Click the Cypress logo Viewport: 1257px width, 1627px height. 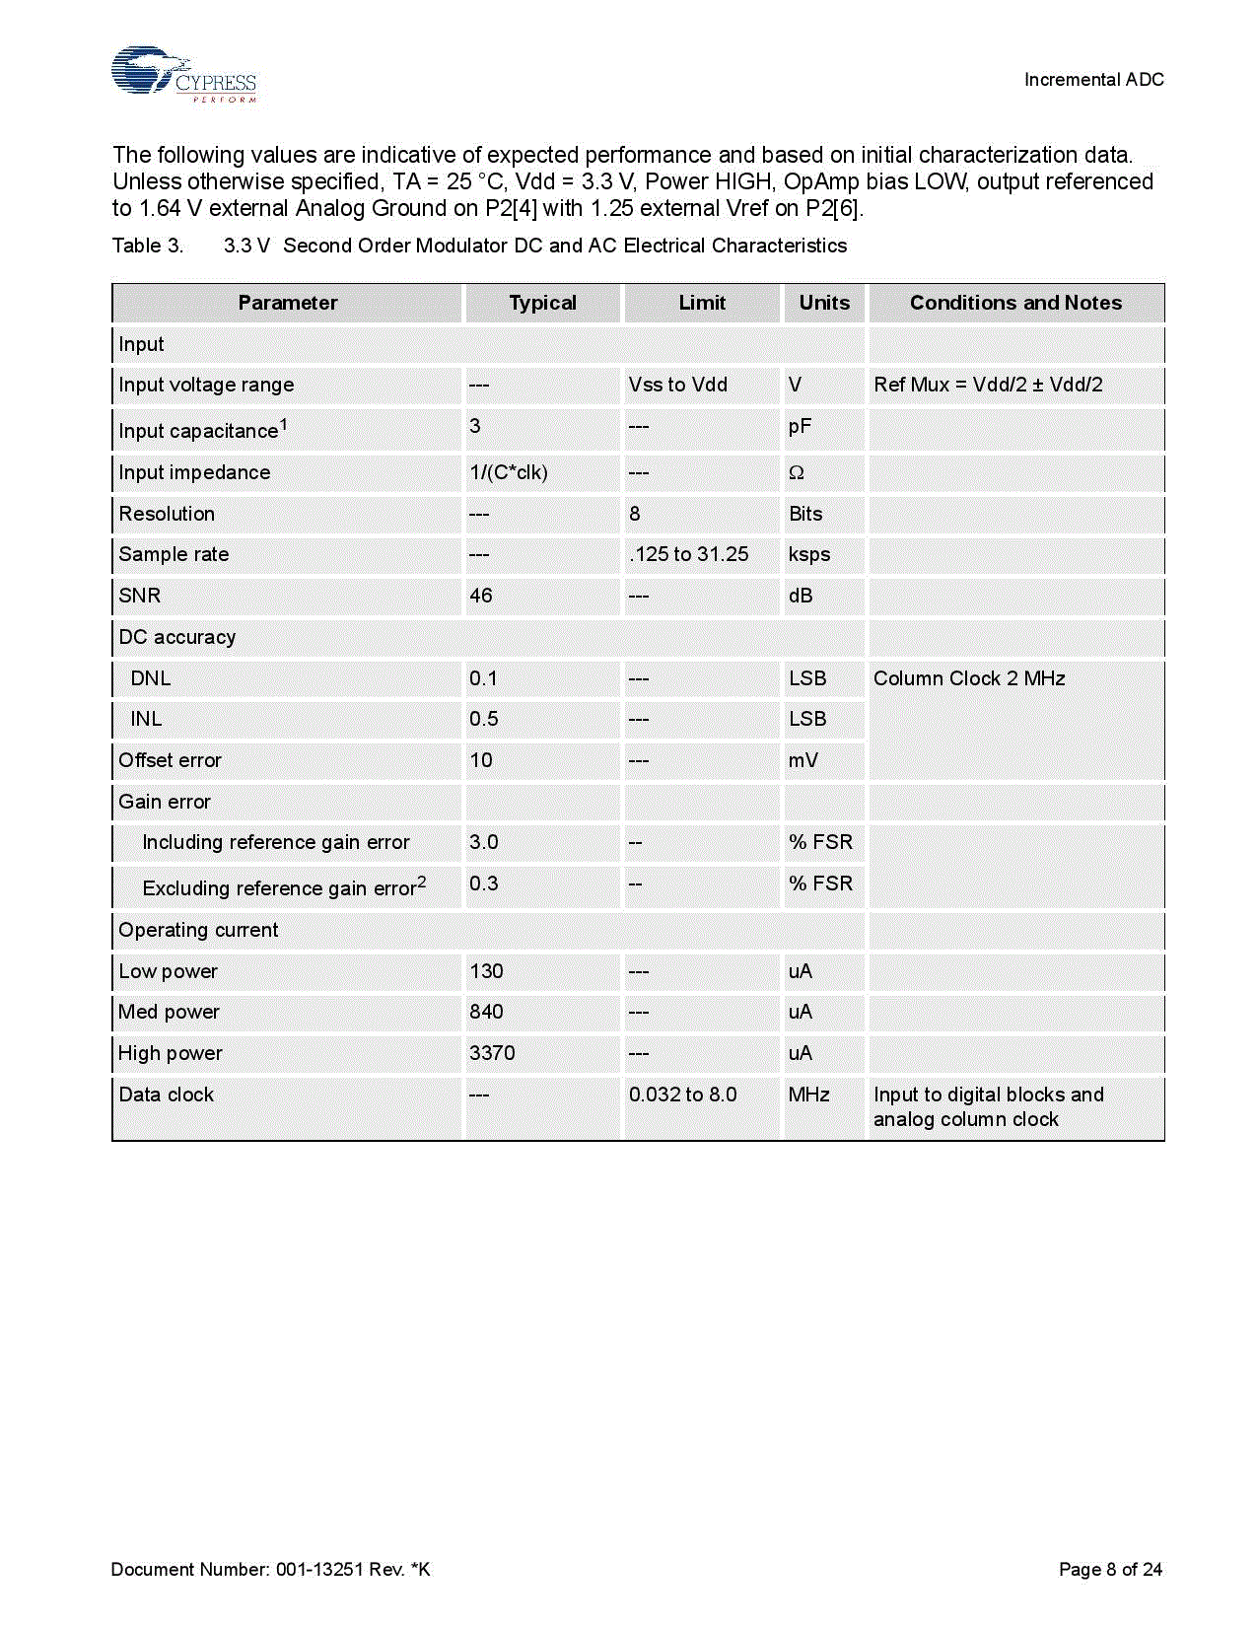click(183, 74)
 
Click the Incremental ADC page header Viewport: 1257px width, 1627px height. click(1093, 80)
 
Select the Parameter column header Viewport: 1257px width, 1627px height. click(287, 303)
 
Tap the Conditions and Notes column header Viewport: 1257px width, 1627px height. click(1015, 303)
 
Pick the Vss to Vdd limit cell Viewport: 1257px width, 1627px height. click(678, 385)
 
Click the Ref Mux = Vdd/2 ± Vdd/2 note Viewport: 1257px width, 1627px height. click(988, 385)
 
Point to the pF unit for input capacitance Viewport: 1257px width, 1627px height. click(800, 427)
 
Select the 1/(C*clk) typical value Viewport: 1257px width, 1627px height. click(509, 472)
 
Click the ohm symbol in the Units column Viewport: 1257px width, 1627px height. click(797, 473)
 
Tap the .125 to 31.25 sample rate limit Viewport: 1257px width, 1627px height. click(689, 554)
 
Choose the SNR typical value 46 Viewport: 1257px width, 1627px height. click(481, 596)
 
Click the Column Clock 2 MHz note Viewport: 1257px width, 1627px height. click(969, 678)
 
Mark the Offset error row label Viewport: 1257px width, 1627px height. click(170, 760)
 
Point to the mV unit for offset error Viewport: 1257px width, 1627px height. click(803, 760)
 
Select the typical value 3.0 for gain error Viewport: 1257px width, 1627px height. click(484, 842)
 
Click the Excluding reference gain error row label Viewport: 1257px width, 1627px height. click(284, 886)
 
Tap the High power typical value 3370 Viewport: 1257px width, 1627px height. click(492, 1053)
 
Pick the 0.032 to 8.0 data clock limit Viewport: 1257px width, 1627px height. click(683, 1095)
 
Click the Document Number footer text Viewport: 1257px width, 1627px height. click(270, 1569)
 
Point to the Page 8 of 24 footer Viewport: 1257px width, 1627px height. click(1110, 1569)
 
